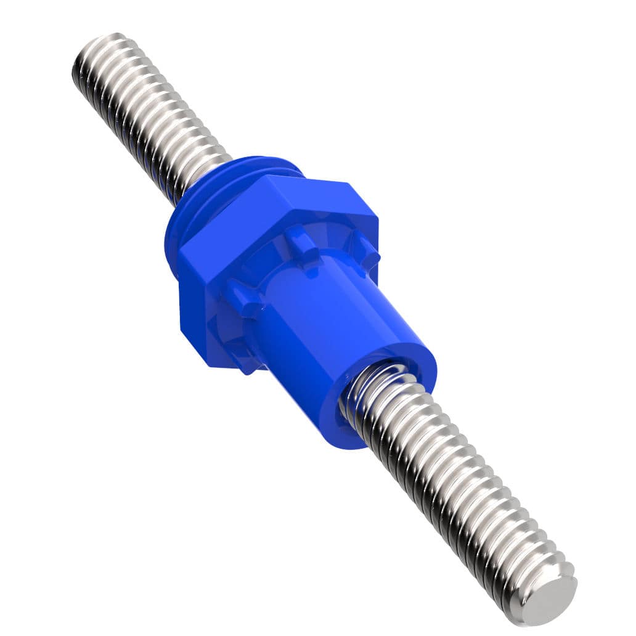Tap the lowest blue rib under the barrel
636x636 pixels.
250,364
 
